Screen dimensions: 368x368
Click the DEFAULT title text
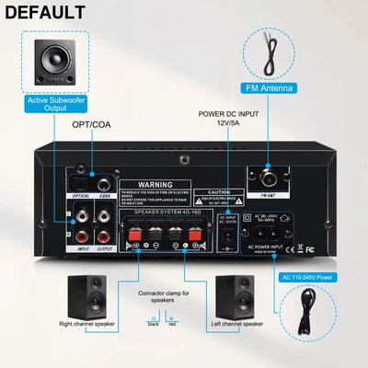click(47, 13)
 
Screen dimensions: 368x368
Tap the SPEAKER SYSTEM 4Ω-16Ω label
click(167, 213)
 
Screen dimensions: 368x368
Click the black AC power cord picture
click(318, 318)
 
